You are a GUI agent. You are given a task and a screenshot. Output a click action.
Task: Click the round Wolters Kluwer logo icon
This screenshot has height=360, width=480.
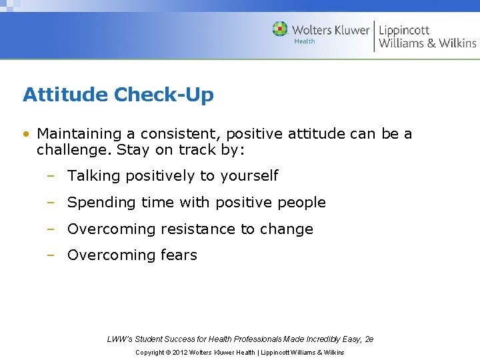(280, 29)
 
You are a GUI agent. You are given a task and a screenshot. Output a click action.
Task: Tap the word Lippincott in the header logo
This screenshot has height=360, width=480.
(404, 30)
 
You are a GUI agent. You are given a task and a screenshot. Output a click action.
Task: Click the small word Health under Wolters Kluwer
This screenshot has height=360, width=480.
(305, 41)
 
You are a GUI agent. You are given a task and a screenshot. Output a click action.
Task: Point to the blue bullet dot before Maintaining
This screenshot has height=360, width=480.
(25, 134)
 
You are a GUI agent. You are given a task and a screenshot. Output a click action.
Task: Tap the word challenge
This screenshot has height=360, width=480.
(73, 150)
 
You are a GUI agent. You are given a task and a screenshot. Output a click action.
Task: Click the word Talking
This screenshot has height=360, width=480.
(93, 176)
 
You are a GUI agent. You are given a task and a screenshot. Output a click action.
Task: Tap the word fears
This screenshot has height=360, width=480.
(179, 255)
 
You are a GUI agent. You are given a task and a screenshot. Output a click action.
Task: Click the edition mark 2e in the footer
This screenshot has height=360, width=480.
(369, 339)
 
